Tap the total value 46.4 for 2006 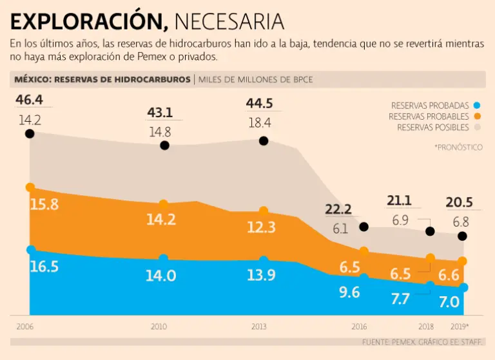coord(29,100)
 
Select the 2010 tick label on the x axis coord(159,327)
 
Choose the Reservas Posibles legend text coord(432,128)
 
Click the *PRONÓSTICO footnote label coord(458,147)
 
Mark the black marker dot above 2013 coord(263,140)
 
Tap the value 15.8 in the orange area coord(44,205)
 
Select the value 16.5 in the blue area coord(44,266)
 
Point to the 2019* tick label coord(459,327)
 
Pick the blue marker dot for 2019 coord(463,287)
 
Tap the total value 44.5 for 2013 coord(259,104)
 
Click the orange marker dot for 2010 coord(163,204)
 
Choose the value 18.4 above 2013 coord(259,122)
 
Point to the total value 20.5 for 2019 coord(459,202)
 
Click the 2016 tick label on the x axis coord(359,327)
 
